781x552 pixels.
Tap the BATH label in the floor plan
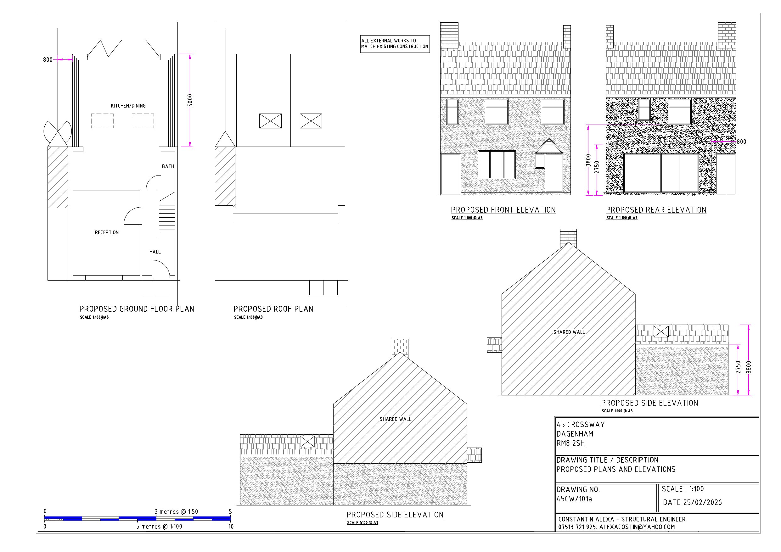pyautogui.click(x=168, y=166)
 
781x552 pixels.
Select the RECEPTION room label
pyautogui.click(x=106, y=232)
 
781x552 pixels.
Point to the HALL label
pyautogui.click(x=155, y=252)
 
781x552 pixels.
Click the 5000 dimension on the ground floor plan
pyautogui.click(x=190, y=100)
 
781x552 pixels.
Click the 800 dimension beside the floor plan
pyautogui.click(x=48, y=60)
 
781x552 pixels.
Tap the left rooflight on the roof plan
pyautogui.click(x=270, y=121)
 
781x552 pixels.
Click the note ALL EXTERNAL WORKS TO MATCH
pyautogui.click(x=395, y=43)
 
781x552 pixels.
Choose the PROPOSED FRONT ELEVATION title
pyautogui.click(x=503, y=210)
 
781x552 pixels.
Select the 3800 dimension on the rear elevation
pyautogui.click(x=588, y=160)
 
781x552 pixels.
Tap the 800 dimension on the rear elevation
pyautogui.click(x=741, y=142)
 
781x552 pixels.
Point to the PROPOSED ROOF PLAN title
pyautogui.click(x=273, y=309)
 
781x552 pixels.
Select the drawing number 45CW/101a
pyautogui.click(x=574, y=499)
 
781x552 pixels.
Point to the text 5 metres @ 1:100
pyautogui.click(x=159, y=527)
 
